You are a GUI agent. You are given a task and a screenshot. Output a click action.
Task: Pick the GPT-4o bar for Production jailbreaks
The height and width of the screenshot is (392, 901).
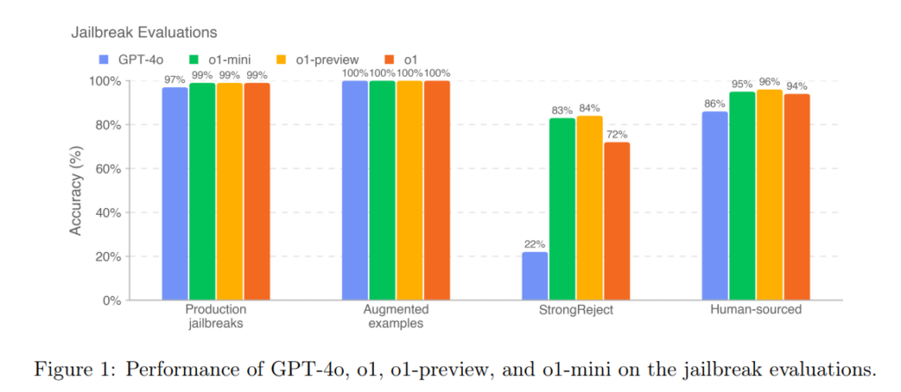(x=174, y=194)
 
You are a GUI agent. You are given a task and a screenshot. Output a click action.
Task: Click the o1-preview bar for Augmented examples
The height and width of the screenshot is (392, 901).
(x=409, y=190)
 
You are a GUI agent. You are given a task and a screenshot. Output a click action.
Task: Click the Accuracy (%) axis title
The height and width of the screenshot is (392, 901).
(x=77, y=189)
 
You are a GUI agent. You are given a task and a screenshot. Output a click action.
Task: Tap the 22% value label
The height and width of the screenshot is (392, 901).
(x=535, y=244)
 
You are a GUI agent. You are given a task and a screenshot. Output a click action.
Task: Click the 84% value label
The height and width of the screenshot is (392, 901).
(x=590, y=108)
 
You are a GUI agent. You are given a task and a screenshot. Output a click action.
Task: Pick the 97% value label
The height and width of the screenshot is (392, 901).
(x=174, y=79)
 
